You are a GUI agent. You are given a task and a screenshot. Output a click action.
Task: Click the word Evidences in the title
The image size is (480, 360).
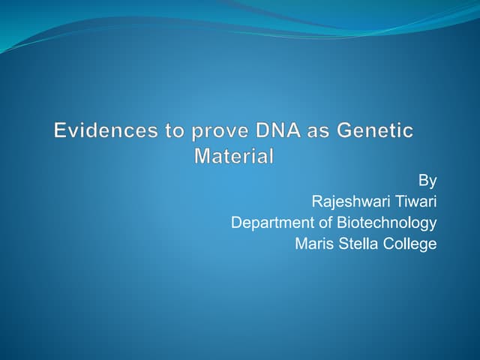tap(101, 131)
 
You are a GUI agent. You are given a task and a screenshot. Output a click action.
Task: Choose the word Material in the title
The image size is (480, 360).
tap(234, 157)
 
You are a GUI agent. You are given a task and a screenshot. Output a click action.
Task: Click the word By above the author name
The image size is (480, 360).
tap(427, 180)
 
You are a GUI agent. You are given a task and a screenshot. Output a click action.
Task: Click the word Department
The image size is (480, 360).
tap(272, 223)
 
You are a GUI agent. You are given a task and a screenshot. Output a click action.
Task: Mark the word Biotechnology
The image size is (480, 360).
tap(387, 223)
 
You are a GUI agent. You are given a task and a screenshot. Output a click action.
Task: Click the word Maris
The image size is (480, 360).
tap(313, 244)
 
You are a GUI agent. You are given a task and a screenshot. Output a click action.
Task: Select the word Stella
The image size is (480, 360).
tap(355, 244)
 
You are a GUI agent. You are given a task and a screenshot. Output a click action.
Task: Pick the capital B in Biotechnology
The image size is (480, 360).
tap(342, 223)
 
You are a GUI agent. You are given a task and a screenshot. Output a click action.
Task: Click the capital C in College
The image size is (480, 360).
tap(385, 244)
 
